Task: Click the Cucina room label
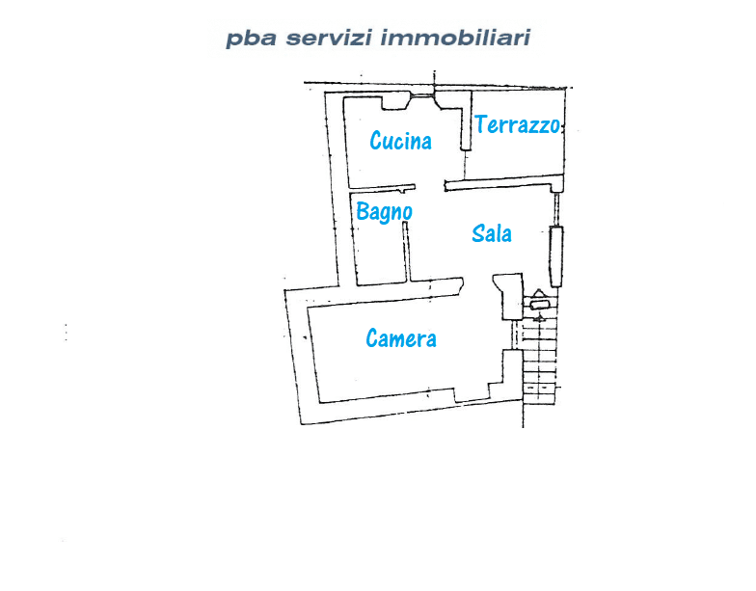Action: coord(400,141)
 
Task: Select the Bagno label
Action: coord(384,212)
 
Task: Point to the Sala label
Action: coord(492,233)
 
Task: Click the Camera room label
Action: coord(401,337)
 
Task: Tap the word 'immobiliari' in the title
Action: coord(455,37)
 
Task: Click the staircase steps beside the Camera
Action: coord(540,362)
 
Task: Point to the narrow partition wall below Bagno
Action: coord(406,251)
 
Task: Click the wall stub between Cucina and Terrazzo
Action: coord(465,121)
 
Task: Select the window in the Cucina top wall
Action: coord(422,95)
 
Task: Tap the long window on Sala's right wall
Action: coord(555,256)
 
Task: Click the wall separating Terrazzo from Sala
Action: coord(503,183)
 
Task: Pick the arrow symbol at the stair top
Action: coord(538,293)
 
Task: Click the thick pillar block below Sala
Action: coord(510,295)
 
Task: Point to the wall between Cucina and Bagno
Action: coord(382,188)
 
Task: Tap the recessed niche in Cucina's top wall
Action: coord(395,103)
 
